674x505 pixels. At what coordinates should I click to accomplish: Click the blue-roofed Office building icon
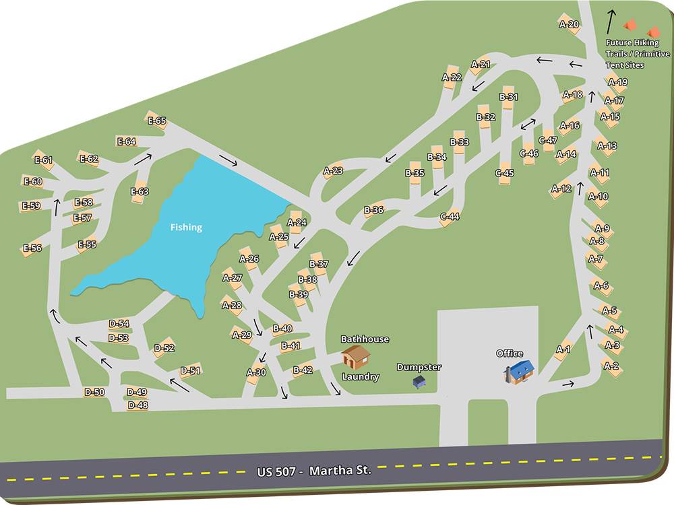coord(520,370)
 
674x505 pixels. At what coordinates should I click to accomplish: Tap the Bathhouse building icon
coord(355,356)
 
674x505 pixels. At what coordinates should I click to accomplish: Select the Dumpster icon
coord(419,381)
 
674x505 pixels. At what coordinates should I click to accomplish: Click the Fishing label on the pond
coord(186,228)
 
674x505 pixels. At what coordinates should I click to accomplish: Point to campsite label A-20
coord(569,24)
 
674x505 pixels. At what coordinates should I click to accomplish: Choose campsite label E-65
coord(156,121)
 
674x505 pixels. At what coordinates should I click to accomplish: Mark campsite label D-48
coord(137,405)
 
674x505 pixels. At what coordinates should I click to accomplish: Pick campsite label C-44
coord(450,217)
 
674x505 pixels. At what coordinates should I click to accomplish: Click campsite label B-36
coord(373,210)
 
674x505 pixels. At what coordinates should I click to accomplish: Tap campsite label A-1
coord(563,349)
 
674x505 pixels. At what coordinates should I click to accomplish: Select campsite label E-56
coord(32,248)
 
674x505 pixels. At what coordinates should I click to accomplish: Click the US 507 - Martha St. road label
coord(314,470)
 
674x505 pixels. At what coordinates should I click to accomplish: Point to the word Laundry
coord(361,377)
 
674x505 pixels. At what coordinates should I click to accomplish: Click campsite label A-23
coord(333,171)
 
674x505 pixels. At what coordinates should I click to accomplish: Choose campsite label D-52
coord(164,348)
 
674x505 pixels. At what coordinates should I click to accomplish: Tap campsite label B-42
coord(303,370)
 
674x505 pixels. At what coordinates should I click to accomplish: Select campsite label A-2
coord(611,366)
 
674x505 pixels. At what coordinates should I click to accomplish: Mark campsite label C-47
coord(548,140)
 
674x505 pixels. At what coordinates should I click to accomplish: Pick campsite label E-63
coord(140,192)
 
